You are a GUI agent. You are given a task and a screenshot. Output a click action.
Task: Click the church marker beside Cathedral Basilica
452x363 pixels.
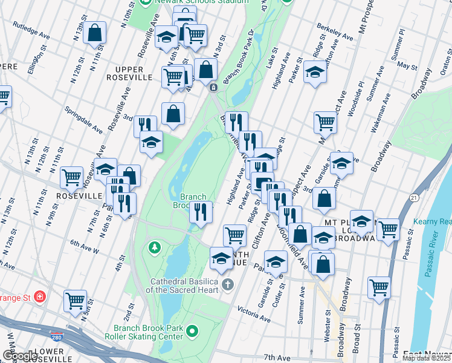[x=227, y=284]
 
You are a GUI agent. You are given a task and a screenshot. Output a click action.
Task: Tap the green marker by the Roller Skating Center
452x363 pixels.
[x=192, y=330]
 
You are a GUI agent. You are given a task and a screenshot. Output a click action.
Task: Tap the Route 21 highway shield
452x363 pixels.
[x=413, y=197]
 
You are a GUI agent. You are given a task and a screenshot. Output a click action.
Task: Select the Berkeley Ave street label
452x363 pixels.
[x=335, y=33]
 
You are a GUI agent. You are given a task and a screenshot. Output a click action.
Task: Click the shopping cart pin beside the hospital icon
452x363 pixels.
[x=76, y=299]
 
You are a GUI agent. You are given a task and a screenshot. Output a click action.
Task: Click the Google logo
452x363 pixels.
[x=20, y=356]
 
